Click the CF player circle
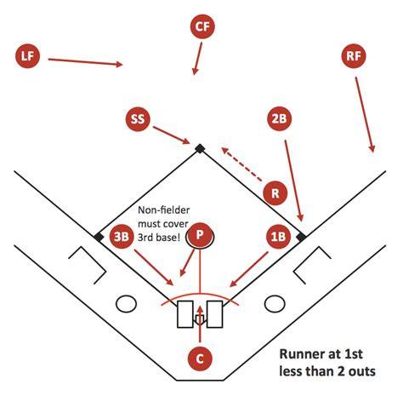point(202,26)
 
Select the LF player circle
point(27,56)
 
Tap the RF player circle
point(354,56)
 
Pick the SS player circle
point(138,119)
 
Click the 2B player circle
point(280,118)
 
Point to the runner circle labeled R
point(275,193)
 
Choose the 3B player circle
point(122,237)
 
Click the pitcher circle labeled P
point(200,235)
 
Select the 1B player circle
point(279,237)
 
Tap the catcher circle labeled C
point(200,359)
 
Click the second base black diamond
point(200,148)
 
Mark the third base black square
point(99,237)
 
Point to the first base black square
point(301,237)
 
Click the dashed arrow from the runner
point(241,164)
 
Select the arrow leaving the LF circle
point(85,62)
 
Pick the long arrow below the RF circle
point(365,114)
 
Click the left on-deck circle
point(126,303)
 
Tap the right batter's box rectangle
point(214,314)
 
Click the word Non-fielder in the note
point(163,210)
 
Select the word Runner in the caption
point(302,354)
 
